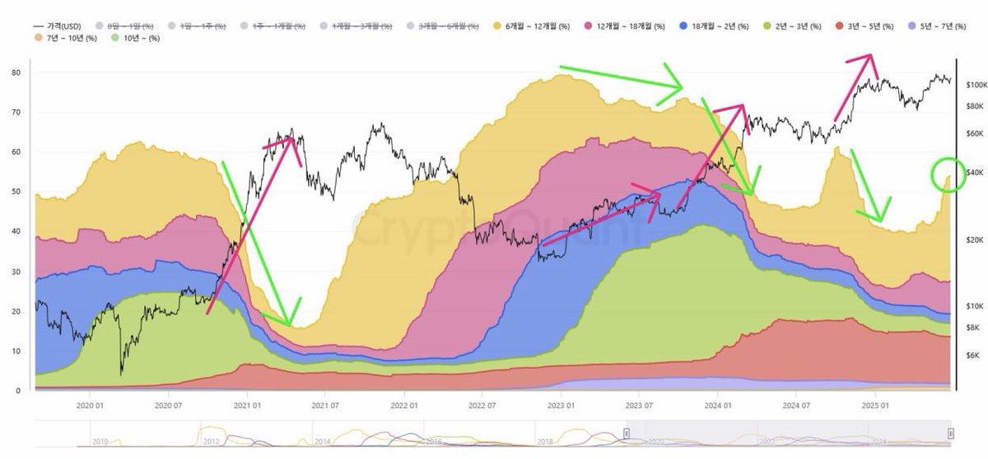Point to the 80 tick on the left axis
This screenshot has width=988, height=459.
[x=16, y=72]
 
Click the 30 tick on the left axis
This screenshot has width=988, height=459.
[x=16, y=271]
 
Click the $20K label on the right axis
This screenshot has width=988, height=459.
[x=975, y=239]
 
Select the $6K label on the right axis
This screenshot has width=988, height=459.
[x=972, y=355]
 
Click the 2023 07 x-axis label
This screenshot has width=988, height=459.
[x=639, y=405]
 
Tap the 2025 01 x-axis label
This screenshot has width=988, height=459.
[x=874, y=405]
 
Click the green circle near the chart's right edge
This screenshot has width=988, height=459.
[x=948, y=175]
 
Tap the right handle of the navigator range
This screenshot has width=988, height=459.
[x=950, y=433]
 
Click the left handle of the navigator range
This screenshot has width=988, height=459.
[x=626, y=433]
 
